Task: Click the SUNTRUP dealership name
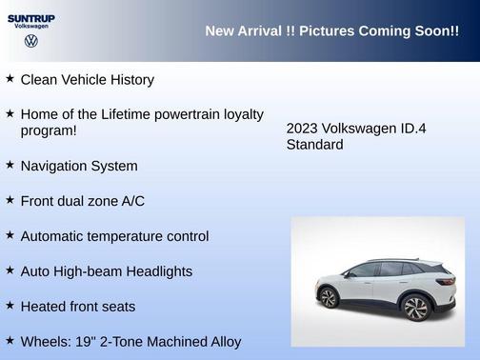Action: pyautogui.click(x=31, y=17)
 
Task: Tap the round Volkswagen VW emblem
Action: pyautogui.click(x=30, y=42)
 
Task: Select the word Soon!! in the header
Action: pyautogui.click(x=436, y=31)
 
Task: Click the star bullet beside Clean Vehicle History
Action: pyautogui.click(x=10, y=78)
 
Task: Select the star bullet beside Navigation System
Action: pyautogui.click(x=10, y=165)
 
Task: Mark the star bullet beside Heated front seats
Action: pyautogui.click(x=10, y=306)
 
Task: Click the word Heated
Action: pyautogui.click(x=45, y=307)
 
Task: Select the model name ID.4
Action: pyautogui.click(x=418, y=128)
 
